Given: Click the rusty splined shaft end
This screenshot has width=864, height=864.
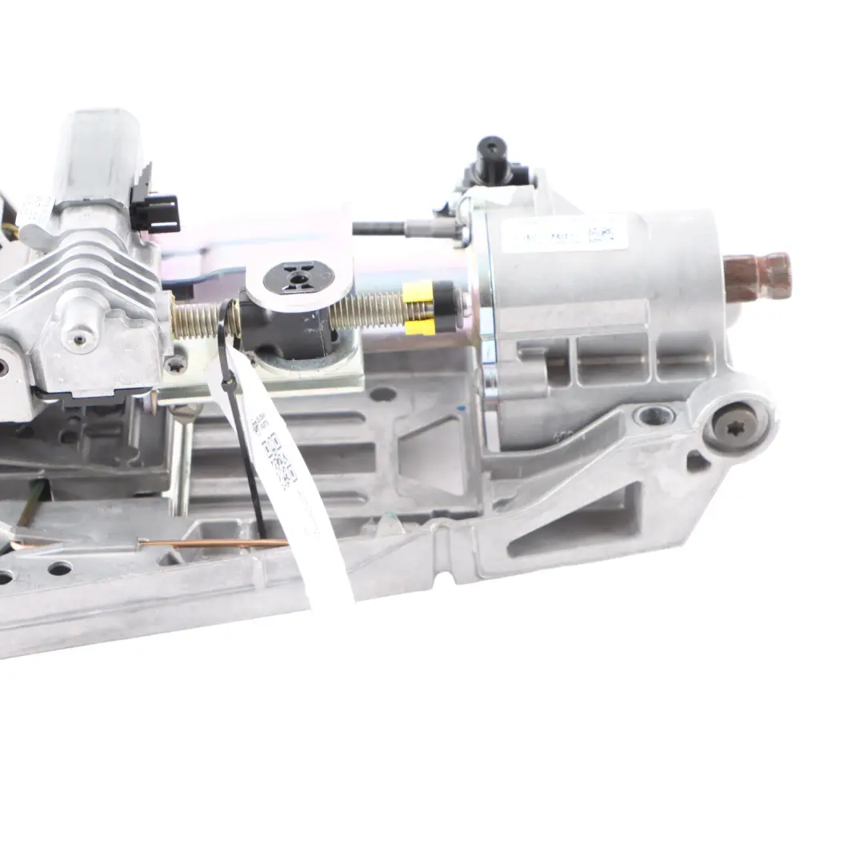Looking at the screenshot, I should click(x=758, y=278).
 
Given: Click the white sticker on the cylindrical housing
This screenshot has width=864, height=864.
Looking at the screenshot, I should click(x=564, y=234).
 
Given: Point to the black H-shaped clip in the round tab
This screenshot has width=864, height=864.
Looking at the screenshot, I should click(x=297, y=278).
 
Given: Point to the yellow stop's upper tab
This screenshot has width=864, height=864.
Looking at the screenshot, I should click(x=418, y=292).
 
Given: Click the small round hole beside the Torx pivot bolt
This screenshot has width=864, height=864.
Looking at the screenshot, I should click(x=654, y=416).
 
